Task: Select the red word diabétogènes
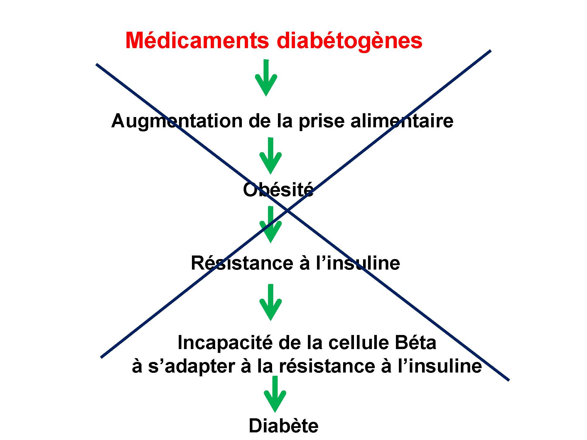click(350, 41)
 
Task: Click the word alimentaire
click(402, 121)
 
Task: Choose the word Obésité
click(278, 190)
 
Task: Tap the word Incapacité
click(225, 342)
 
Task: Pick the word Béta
click(415, 342)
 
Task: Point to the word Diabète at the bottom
click(284, 426)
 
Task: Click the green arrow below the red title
click(266, 78)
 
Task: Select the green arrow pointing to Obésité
click(271, 156)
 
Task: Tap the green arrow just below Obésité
click(271, 225)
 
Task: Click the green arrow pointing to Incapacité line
click(271, 302)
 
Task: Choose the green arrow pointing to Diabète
click(275, 394)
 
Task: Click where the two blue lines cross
click(288, 210)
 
